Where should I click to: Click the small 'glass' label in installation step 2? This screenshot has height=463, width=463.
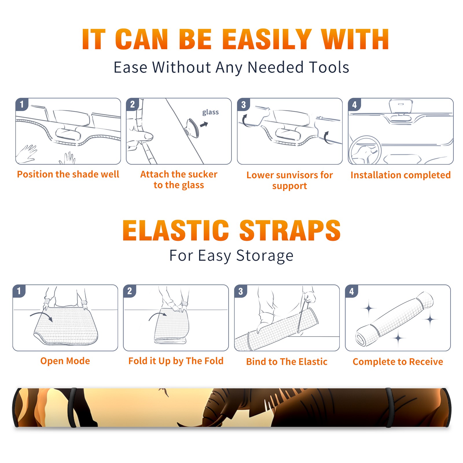tap(210, 112)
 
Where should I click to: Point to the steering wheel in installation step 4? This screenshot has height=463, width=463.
tap(365, 150)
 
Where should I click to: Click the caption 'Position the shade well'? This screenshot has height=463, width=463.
tap(68, 174)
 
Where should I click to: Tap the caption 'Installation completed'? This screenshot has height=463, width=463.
tap(400, 175)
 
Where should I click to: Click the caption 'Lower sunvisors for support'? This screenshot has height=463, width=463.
tap(290, 180)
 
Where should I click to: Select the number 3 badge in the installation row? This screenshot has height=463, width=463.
tap(243, 105)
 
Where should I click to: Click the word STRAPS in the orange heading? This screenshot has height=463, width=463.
tap(290, 230)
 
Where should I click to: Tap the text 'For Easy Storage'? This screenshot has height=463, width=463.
tap(231, 256)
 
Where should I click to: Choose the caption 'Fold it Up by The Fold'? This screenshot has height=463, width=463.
tap(176, 361)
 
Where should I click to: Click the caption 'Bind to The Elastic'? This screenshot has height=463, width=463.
tap(287, 361)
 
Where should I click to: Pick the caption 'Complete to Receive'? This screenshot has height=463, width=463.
tap(398, 362)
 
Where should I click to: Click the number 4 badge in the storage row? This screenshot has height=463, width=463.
tap(352, 291)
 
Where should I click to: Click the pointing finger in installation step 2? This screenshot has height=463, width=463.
tap(142, 136)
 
